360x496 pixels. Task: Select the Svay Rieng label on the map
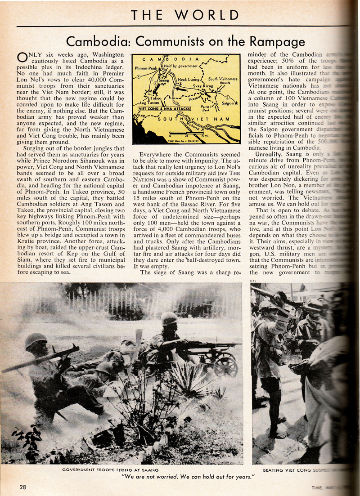pyautogui.click(x=202, y=85)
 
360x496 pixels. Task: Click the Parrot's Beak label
pyautogui.click(x=207, y=107)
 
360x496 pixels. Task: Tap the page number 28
pyautogui.click(x=23, y=487)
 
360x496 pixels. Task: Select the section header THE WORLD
pyautogui.click(x=184, y=15)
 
